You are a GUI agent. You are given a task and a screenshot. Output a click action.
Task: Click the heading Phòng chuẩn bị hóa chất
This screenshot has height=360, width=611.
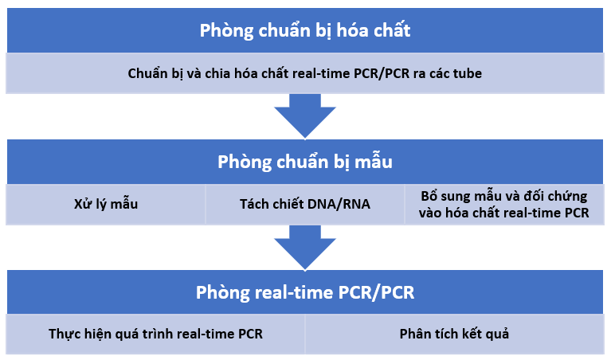click(x=305, y=31)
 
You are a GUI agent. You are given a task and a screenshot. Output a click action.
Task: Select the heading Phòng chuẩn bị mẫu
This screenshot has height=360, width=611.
click(x=305, y=162)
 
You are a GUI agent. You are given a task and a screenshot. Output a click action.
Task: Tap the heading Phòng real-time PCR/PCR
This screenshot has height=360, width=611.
click(x=305, y=292)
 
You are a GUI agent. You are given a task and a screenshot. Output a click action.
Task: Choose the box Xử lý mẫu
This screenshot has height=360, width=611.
click(x=106, y=204)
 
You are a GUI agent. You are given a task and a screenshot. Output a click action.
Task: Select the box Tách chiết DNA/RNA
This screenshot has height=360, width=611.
click(x=305, y=204)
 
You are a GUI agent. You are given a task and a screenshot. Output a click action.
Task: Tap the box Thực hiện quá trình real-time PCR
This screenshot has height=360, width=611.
click(x=155, y=334)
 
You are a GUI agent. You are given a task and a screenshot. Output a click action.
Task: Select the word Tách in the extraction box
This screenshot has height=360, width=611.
click(x=255, y=204)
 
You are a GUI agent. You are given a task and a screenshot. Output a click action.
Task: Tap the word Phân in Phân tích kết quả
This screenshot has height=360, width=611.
click(x=414, y=334)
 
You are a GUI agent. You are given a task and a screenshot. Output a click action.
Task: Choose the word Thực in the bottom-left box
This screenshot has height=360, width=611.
click(x=65, y=334)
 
